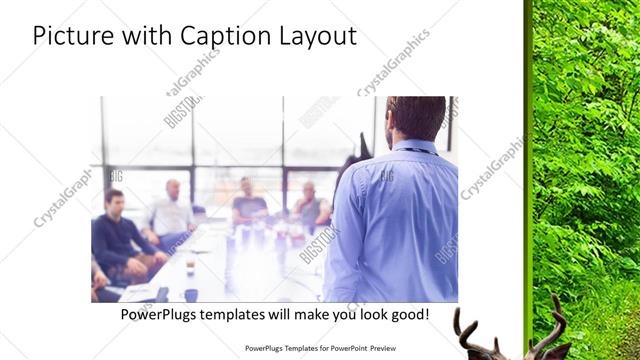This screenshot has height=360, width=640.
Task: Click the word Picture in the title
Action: (x=71, y=36)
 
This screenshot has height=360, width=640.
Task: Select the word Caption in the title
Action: (x=219, y=36)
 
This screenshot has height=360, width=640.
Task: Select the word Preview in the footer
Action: (x=390, y=349)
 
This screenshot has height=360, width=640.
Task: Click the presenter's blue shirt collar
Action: (x=414, y=147)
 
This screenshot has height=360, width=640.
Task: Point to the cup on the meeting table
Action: (x=190, y=294)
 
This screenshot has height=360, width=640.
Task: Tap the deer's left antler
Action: (x=466, y=330)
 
